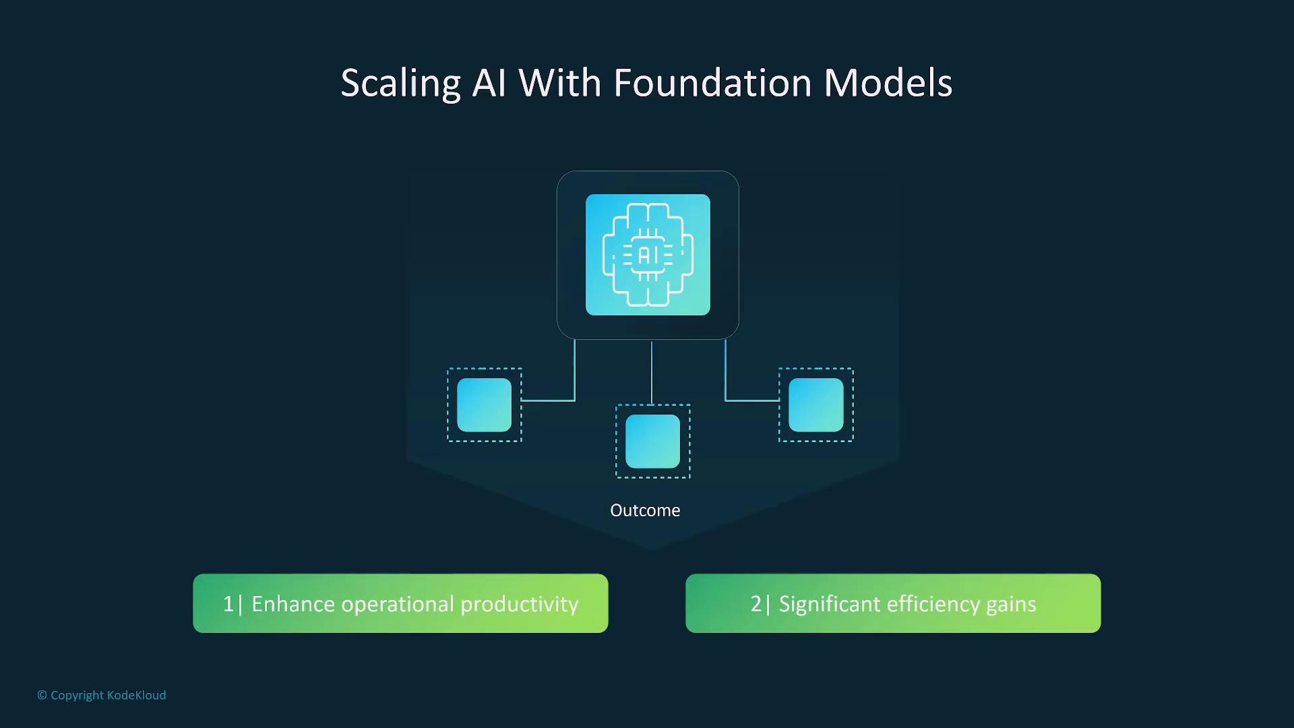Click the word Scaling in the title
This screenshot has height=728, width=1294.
point(400,84)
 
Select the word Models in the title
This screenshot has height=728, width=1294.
point(888,83)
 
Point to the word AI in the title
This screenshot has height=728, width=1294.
point(489,83)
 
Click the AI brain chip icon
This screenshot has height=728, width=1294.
point(648,255)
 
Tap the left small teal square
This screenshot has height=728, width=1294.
point(484,404)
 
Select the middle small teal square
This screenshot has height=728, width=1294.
point(652,441)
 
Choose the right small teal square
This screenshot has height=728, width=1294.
point(815,404)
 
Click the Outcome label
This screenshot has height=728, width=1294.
point(645,510)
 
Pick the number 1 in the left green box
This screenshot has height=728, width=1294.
point(228,604)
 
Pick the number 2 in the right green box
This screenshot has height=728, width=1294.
point(756,604)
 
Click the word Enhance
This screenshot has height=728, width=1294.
point(293,604)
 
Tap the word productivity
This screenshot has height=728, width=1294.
point(519,605)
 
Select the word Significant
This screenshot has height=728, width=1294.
point(829,605)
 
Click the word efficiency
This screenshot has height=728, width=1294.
point(933,605)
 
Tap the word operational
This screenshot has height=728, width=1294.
point(398,605)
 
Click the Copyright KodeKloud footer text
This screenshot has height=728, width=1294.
point(101,695)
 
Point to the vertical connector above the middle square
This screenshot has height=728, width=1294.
point(652,373)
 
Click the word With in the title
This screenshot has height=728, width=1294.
point(559,83)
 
